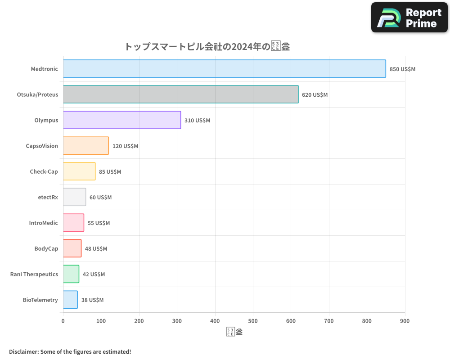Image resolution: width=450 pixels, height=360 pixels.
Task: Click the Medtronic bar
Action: [x=224, y=69]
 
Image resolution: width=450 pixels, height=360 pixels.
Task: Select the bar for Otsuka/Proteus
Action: [x=180, y=94]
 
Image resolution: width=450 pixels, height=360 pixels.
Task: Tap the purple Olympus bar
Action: [x=122, y=120]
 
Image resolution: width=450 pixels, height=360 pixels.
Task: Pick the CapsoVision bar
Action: [x=85, y=146]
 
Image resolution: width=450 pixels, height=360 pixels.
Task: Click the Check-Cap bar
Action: [x=79, y=171]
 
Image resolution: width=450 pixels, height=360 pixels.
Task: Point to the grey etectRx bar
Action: [x=74, y=197]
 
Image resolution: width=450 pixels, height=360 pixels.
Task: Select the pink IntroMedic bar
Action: [x=73, y=223]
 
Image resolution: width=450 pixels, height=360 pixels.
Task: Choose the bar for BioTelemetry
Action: [x=70, y=300]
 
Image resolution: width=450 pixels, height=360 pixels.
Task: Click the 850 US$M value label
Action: [x=402, y=69]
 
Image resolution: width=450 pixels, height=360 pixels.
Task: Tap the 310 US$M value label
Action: [x=197, y=121]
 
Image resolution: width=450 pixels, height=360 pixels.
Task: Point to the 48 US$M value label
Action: [x=96, y=249]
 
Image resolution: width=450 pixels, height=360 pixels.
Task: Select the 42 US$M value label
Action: [x=94, y=274]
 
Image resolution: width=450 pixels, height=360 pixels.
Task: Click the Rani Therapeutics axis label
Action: [x=34, y=274]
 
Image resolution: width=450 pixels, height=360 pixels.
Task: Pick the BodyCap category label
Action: [x=46, y=248]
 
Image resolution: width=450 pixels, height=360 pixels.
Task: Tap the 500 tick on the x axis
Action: [x=253, y=321]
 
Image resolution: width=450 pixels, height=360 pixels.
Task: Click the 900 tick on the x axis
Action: [x=405, y=321]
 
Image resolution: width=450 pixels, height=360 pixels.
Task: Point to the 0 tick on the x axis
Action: [x=63, y=321]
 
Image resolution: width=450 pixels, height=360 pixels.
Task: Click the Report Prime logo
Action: [x=409, y=18]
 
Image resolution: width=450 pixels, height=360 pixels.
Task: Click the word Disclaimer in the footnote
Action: [x=23, y=351]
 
